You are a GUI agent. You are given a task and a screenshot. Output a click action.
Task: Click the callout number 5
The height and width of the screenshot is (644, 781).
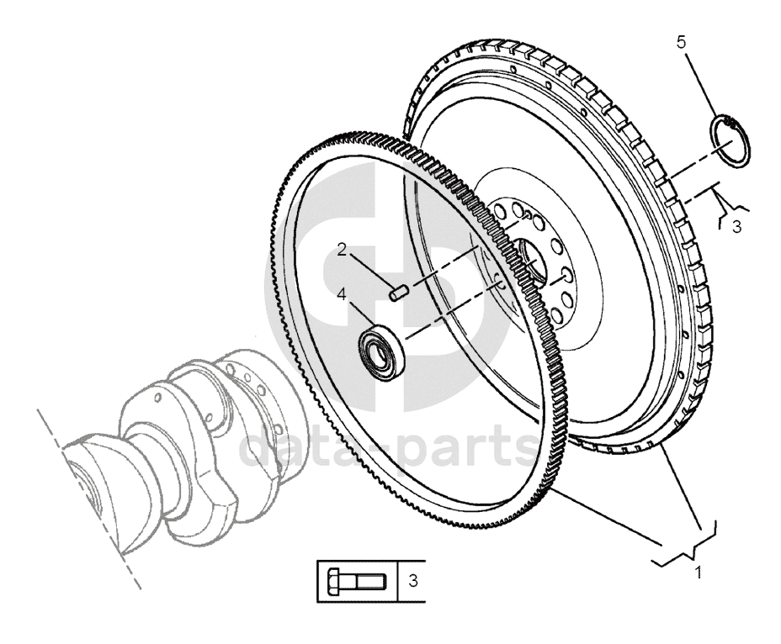[x=681, y=43]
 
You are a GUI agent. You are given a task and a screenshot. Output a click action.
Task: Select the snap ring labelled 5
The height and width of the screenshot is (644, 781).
[x=729, y=142]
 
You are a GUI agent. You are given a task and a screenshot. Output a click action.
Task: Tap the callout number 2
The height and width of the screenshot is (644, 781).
[x=342, y=249]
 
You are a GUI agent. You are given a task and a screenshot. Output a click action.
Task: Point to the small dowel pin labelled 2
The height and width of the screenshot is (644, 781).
[x=398, y=293]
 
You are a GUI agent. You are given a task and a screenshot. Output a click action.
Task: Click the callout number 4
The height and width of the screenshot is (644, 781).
[x=342, y=294]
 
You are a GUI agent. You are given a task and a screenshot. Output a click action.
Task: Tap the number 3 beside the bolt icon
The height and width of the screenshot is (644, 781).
[x=412, y=580]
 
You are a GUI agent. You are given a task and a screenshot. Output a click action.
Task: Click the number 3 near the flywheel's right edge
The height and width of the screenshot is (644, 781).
[x=736, y=226]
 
